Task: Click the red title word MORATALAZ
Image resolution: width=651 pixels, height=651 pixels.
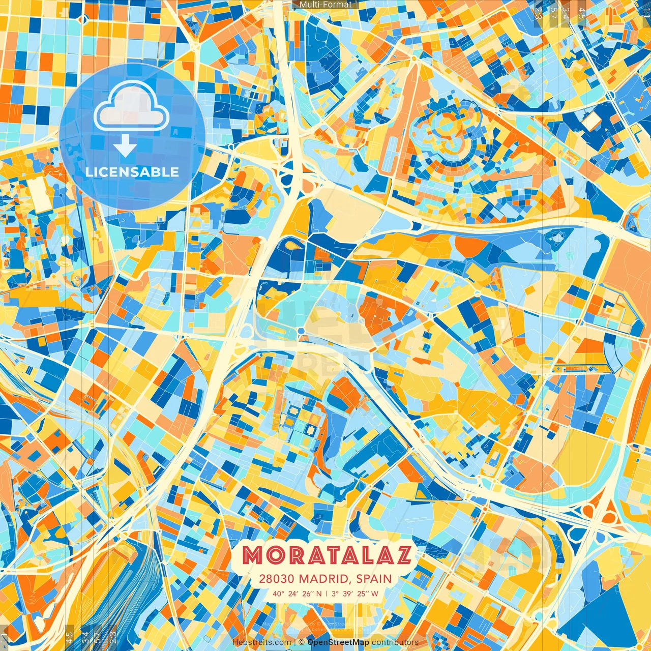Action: [x=326, y=555]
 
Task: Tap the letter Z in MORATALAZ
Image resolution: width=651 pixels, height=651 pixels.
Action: [x=401, y=555]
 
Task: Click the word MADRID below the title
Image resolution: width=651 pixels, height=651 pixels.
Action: [x=325, y=579]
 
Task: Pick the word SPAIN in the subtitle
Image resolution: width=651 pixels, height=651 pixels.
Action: [x=374, y=579]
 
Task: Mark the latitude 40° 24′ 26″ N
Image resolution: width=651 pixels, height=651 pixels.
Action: [x=297, y=594]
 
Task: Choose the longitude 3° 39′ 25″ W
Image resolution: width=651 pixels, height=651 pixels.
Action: [x=355, y=594]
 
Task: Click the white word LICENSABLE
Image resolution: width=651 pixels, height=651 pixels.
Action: [x=132, y=172]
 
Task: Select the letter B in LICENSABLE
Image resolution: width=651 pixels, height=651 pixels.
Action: [x=153, y=172]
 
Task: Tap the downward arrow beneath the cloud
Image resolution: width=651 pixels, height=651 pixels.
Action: [x=125, y=146]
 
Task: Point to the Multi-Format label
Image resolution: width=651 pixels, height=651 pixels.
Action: [x=325, y=5]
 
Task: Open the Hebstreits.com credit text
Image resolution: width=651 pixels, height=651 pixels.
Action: [x=261, y=642]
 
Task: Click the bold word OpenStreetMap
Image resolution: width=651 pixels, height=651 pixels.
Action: [x=338, y=642]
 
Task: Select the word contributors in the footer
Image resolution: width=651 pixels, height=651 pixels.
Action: [x=395, y=642]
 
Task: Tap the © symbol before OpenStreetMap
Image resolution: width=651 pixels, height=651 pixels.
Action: [x=302, y=642]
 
